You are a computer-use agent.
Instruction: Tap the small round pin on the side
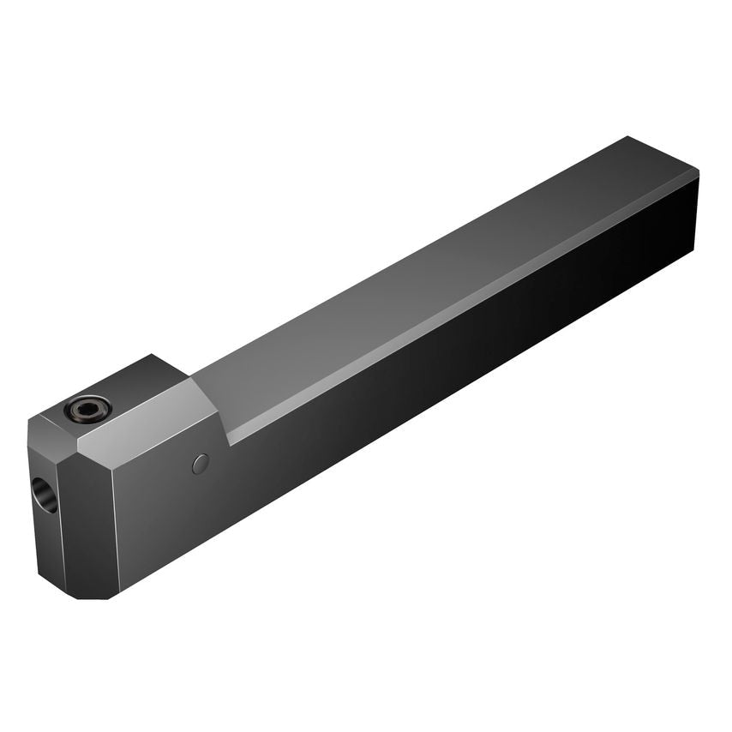[200, 464]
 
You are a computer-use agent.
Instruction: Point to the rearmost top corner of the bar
[630, 136]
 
